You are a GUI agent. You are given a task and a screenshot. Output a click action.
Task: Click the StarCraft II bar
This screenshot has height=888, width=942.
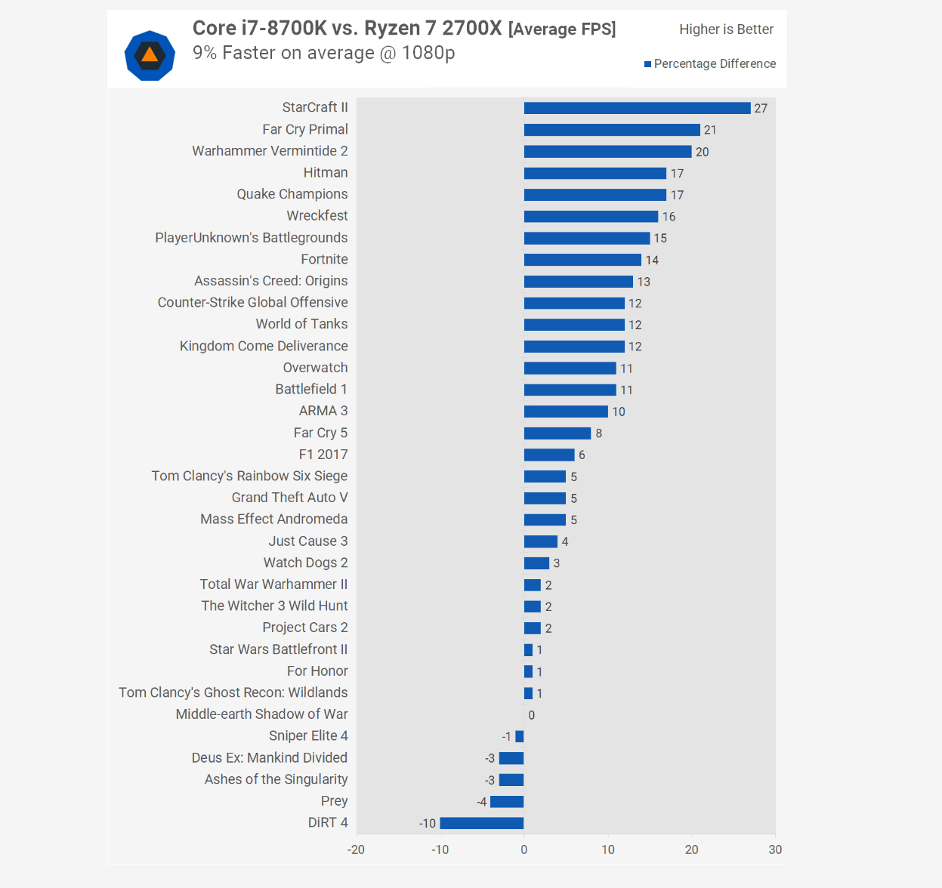637,108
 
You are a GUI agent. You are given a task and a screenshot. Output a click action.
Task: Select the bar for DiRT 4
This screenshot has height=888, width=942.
482,823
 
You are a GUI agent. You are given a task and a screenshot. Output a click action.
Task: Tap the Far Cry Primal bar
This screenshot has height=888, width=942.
612,130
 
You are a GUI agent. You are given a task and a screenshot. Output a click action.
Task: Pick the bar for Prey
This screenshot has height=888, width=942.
507,801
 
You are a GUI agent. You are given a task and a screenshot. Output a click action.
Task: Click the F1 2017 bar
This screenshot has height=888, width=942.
549,455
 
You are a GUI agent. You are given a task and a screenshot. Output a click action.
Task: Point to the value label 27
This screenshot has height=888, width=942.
761,109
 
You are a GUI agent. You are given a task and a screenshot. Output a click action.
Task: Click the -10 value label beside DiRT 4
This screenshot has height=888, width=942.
428,823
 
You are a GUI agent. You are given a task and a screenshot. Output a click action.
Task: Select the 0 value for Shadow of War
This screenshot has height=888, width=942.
532,715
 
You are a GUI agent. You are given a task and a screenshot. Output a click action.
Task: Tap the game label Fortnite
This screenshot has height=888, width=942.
324,259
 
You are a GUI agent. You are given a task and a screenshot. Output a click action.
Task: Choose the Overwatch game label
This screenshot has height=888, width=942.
315,368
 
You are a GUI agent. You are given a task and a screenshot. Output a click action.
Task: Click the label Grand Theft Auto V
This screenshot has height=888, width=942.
289,498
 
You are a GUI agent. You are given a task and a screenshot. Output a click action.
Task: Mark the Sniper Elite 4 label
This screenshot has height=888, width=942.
308,735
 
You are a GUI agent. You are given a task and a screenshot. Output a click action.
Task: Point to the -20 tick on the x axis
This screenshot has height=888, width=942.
356,849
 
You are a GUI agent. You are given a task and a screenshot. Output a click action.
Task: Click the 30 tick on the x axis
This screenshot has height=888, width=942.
775,849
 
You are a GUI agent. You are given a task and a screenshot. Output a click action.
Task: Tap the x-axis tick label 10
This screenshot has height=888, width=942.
608,849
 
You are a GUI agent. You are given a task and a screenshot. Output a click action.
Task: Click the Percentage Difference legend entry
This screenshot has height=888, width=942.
710,64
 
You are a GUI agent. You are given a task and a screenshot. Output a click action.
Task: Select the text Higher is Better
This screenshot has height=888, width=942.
726,29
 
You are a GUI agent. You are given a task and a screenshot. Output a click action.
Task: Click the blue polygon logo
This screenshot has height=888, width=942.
150,55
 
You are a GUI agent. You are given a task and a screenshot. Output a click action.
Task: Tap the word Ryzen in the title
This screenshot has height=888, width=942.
392,29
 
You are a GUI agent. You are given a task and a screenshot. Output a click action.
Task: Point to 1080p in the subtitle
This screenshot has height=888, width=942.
428,53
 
